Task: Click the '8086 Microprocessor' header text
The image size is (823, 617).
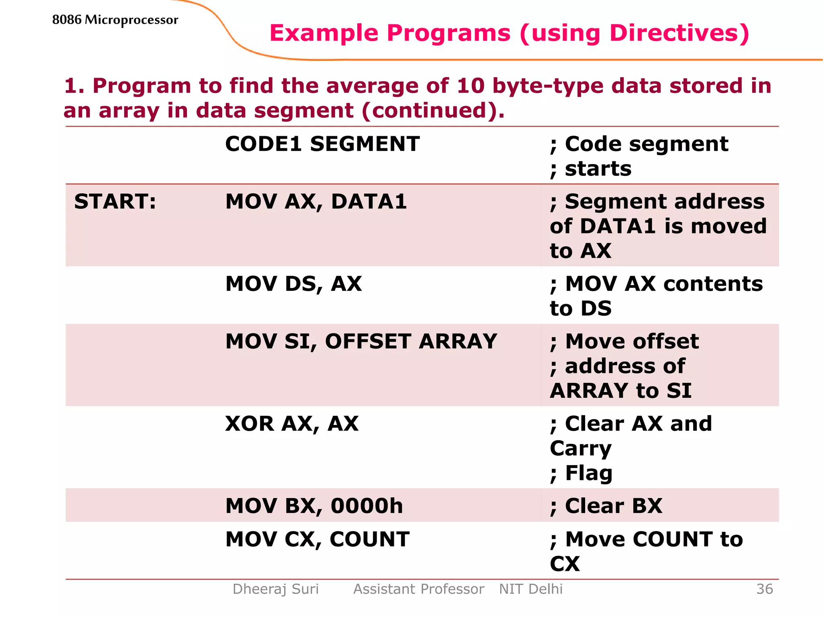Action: [115, 20]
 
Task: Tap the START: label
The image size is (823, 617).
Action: [115, 202]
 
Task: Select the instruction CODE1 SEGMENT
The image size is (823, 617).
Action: [322, 144]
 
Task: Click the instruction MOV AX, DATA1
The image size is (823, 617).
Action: [316, 202]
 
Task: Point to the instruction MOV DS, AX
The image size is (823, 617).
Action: [293, 284]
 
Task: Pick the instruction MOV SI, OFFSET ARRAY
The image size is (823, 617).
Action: [361, 341]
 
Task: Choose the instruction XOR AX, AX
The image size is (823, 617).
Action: [292, 424]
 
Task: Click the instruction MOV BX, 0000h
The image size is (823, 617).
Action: [314, 506]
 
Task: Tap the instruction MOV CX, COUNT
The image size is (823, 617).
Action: [317, 539]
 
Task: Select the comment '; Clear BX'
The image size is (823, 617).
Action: [606, 506]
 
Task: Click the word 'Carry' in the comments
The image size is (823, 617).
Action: [581, 449]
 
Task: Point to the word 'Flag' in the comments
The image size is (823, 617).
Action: [589, 473]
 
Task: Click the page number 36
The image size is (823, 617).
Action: [764, 589]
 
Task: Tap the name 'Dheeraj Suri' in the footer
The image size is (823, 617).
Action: [276, 589]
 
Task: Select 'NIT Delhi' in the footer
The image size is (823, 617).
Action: [530, 589]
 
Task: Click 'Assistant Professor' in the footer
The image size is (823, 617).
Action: [418, 589]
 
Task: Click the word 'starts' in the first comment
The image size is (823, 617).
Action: [598, 169]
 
